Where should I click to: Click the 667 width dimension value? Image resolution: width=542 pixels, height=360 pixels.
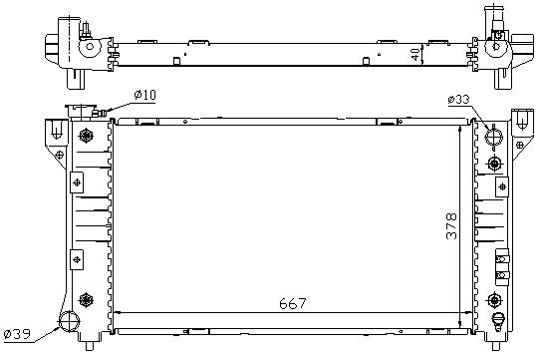[x=293, y=303]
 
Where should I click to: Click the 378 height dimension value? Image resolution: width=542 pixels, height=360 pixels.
[x=451, y=226]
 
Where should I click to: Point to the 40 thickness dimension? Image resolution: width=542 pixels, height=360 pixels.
[x=415, y=54]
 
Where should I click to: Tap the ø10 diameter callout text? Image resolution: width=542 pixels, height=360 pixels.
[x=145, y=95]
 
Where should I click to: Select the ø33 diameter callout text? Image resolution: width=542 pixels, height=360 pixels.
[x=459, y=100]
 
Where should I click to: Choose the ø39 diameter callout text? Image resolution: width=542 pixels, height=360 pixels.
[x=17, y=334]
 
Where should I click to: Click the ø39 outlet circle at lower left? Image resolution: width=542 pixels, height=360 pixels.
[x=69, y=321]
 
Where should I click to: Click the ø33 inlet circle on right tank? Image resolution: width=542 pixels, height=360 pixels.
[x=493, y=137]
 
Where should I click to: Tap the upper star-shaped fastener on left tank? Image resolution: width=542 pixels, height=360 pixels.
[x=86, y=136]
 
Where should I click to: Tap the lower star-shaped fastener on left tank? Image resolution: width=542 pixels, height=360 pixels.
[x=86, y=299]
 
